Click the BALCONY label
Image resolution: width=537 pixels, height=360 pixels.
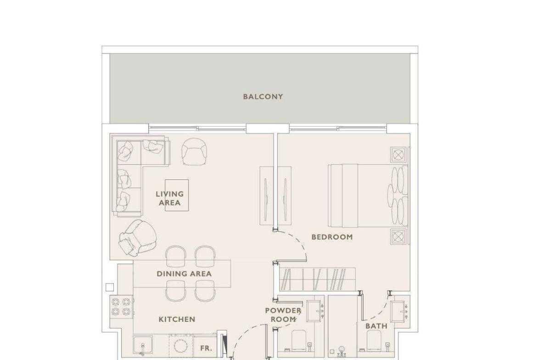263,96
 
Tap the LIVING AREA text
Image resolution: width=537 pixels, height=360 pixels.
170,198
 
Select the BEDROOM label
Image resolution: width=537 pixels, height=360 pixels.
332,237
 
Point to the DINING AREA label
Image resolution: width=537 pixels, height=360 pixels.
184,274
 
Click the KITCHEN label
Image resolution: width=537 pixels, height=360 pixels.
177,319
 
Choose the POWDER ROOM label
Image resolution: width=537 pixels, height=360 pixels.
283,315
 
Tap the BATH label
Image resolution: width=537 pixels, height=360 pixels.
376,326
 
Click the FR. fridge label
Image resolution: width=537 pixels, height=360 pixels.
206,349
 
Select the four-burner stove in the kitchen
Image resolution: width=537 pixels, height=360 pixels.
121,307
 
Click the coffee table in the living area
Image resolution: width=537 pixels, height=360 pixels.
177,195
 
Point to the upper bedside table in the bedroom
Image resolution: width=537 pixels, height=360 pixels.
398,155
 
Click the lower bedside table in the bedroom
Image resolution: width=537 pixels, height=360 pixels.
398,237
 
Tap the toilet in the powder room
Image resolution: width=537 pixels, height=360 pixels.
299,340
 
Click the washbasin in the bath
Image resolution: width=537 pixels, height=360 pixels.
400,311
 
